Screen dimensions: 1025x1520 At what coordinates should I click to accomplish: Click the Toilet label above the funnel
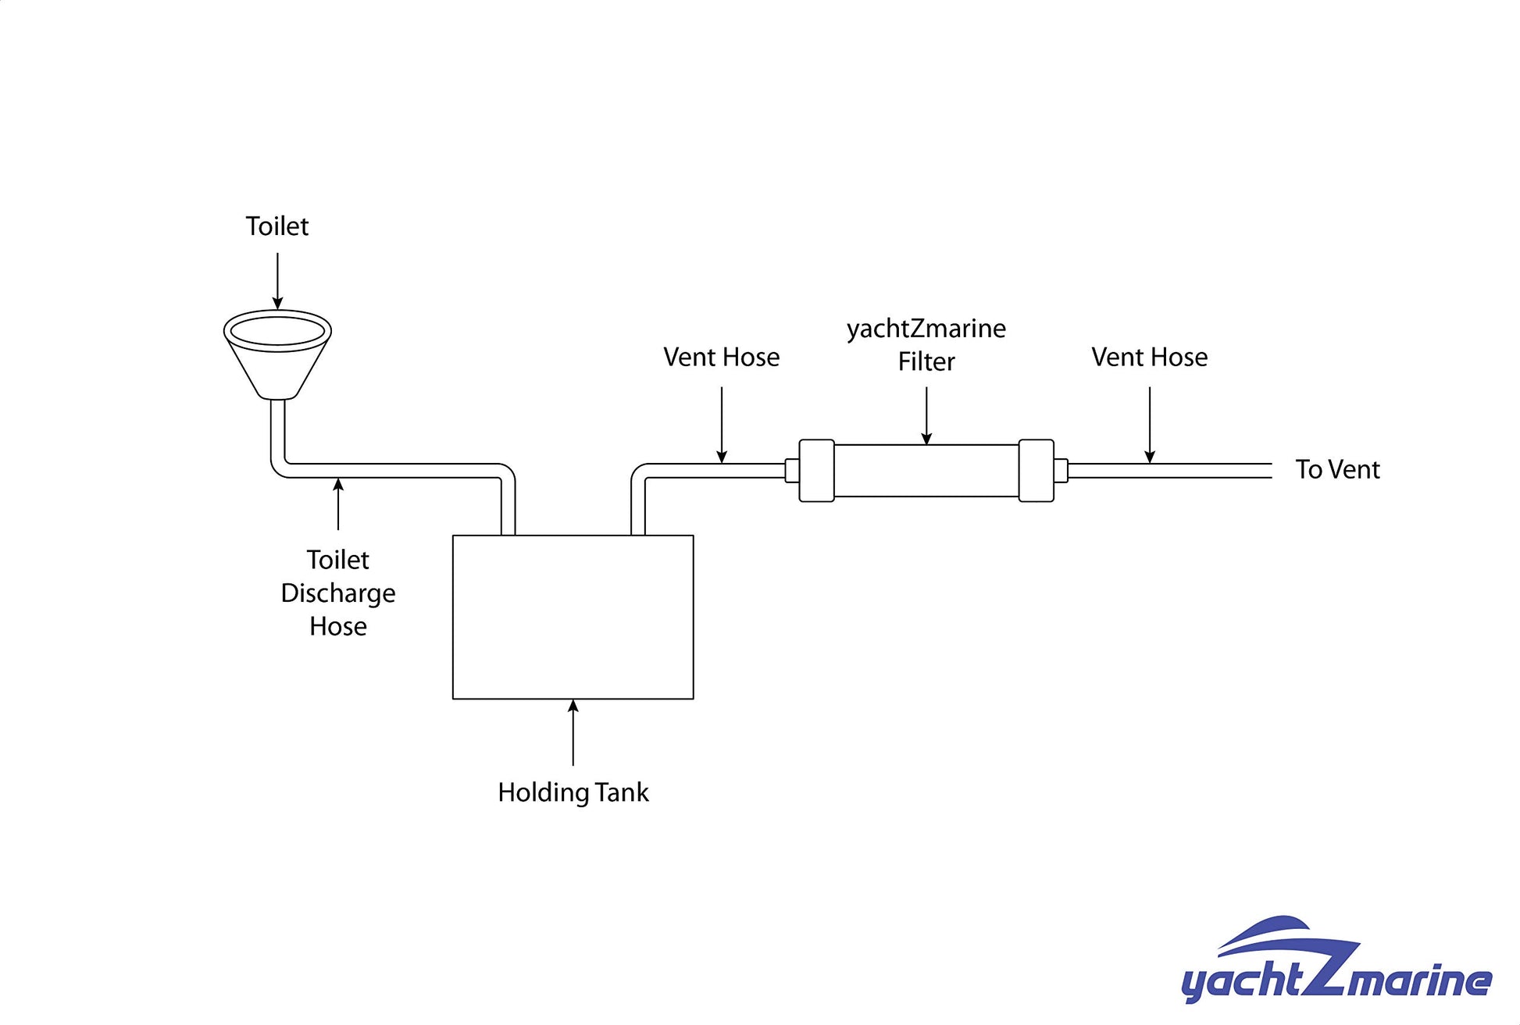[277, 226]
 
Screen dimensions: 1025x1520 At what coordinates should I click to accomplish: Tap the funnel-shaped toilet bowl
[277, 351]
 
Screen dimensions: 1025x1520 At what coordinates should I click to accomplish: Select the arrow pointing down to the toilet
[277, 281]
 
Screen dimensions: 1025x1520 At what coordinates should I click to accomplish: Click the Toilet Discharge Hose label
[338, 593]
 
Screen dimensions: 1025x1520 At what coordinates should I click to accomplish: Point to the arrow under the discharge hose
[338, 504]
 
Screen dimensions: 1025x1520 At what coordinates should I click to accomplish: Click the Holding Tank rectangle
[573, 617]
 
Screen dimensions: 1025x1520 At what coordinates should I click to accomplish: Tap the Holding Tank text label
[573, 792]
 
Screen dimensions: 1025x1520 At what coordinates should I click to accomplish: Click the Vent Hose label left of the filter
[721, 358]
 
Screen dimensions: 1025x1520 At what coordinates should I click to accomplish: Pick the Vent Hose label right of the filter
[1149, 358]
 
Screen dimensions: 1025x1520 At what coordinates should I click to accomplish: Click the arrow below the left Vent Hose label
[722, 425]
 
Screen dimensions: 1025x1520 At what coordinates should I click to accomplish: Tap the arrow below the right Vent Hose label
[1149, 425]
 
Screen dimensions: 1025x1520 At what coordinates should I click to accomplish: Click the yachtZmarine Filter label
[926, 345]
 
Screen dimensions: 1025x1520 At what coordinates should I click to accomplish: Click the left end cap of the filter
[816, 471]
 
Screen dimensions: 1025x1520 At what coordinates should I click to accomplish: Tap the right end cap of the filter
[1037, 471]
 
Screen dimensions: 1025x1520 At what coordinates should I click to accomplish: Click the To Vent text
[1337, 470]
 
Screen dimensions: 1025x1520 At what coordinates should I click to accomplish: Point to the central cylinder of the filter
[926, 471]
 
